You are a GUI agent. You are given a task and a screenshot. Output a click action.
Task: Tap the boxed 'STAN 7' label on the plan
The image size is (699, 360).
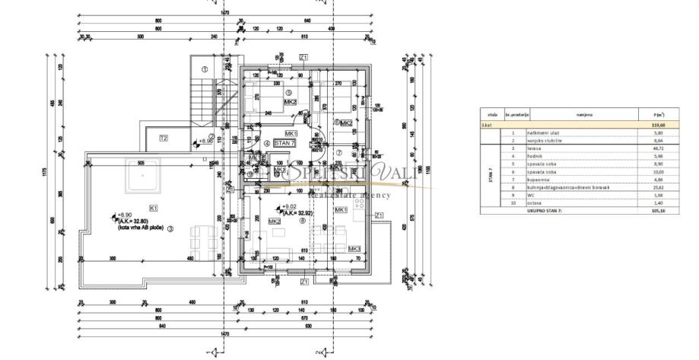pos(283,143)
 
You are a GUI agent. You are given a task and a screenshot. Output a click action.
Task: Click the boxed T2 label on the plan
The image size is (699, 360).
pos(163,138)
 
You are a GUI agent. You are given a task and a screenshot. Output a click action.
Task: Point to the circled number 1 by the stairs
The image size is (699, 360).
pos(204,70)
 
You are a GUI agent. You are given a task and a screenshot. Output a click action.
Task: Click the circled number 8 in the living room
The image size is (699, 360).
pos(302,221)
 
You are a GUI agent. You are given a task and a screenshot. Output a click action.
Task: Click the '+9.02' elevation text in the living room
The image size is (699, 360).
pos(289,206)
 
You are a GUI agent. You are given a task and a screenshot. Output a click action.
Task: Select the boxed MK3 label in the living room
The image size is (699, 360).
pos(354,249)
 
